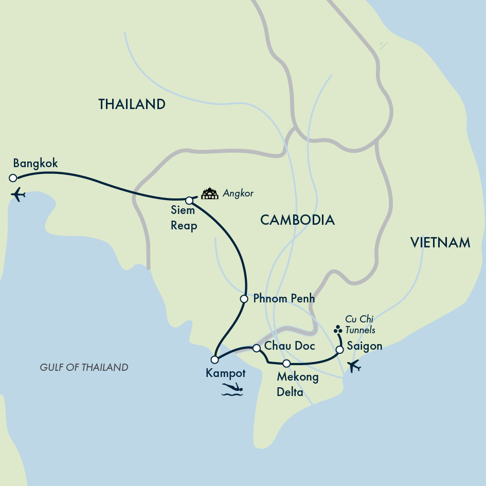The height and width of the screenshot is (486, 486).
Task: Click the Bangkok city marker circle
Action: click(13, 178)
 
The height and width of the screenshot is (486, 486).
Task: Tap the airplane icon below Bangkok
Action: click(18, 195)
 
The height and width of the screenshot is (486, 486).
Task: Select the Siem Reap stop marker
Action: click(189, 200)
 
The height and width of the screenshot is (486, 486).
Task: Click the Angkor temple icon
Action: click(209, 194)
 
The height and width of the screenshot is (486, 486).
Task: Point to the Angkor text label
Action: click(238, 194)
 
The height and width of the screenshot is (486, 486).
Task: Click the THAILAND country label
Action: click(132, 104)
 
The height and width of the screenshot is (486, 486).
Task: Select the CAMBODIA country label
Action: click(297, 220)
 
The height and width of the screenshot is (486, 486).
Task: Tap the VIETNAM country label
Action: click(440, 243)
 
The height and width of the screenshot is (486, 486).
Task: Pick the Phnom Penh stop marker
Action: click(244, 299)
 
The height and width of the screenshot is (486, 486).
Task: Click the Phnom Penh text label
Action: click(284, 298)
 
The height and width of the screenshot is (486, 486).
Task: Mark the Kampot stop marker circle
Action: click(214, 359)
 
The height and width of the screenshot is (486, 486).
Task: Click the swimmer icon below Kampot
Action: click(231, 389)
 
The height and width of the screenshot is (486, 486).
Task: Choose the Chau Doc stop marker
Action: click(257, 349)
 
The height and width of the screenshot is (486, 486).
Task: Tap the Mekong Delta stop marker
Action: click(287, 364)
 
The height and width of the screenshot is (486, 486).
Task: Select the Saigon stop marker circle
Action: click(339, 350)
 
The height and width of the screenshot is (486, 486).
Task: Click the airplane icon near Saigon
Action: click(354, 367)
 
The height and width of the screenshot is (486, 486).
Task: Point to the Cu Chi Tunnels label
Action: click(360, 325)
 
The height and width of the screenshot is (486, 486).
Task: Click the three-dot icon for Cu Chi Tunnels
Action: click(337, 330)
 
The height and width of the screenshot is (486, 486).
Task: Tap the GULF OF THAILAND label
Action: click(84, 367)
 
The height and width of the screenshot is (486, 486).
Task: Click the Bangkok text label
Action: click(35, 164)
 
